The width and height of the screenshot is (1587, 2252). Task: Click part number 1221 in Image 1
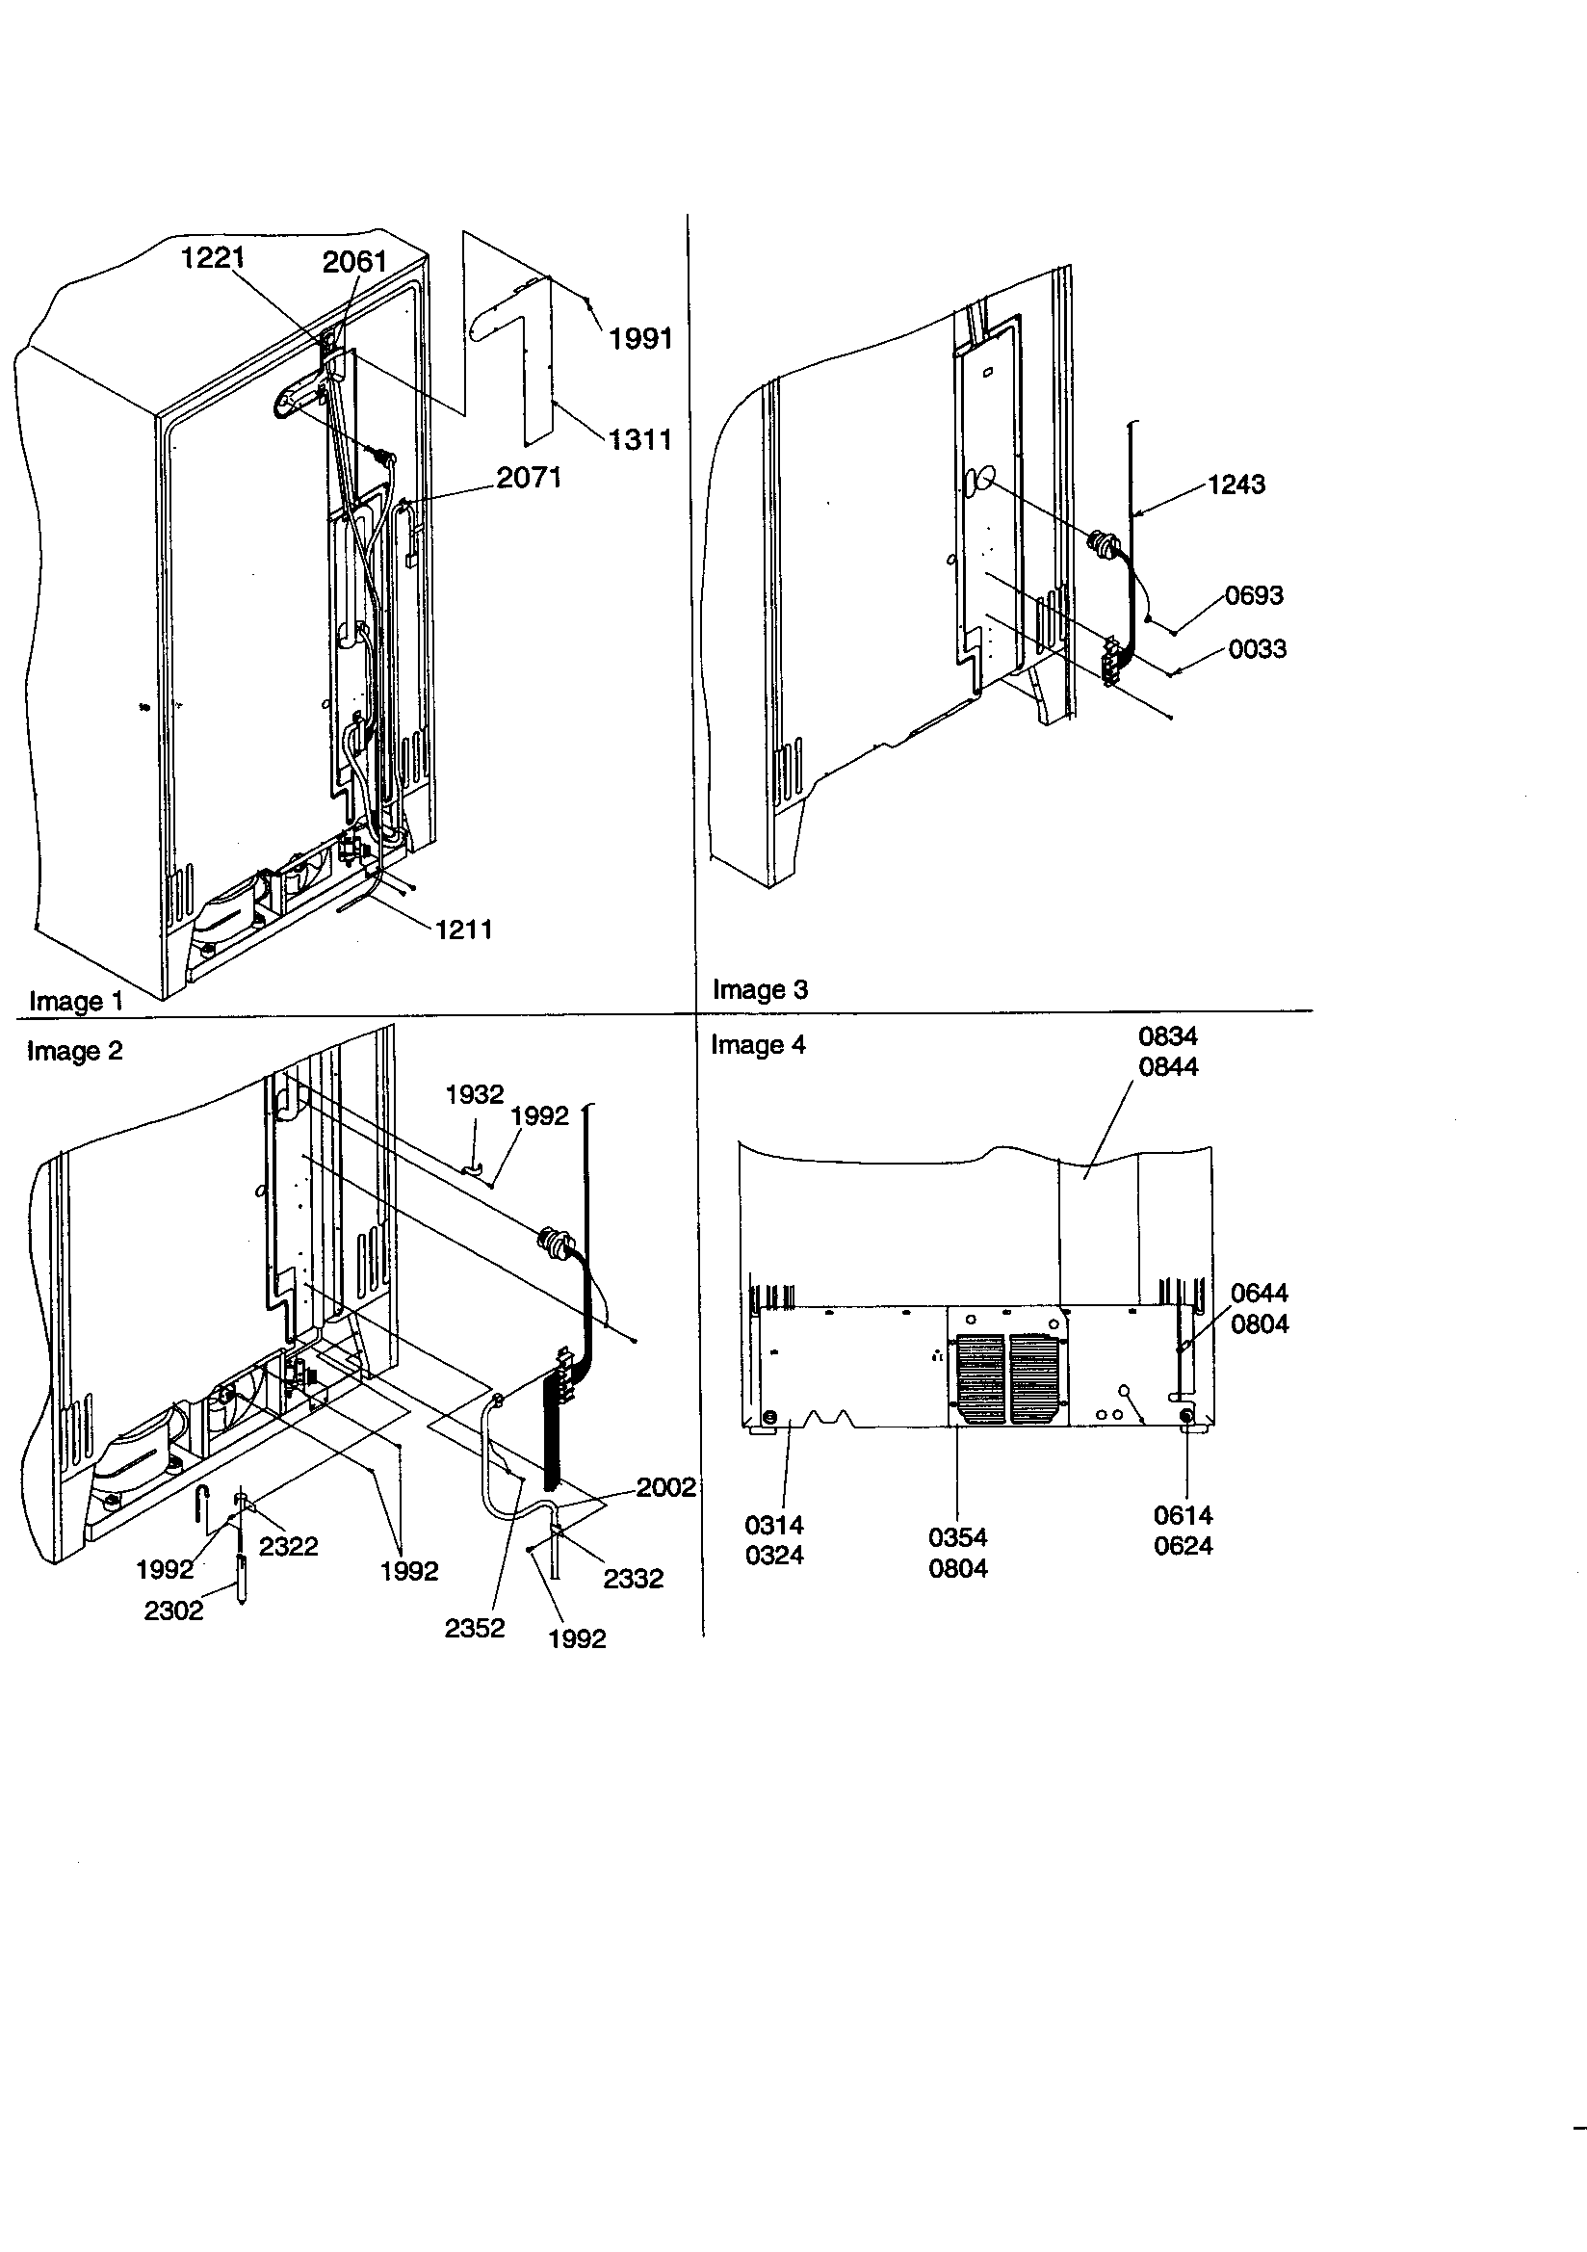(212, 258)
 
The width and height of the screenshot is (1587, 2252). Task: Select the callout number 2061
(354, 262)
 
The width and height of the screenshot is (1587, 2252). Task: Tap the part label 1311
(639, 439)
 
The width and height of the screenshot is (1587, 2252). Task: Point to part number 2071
(529, 478)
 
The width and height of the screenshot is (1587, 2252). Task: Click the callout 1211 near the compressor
(463, 929)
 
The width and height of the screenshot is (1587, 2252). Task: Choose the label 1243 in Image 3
(1236, 484)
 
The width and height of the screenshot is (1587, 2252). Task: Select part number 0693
(1254, 595)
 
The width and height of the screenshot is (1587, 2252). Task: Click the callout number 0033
(1257, 649)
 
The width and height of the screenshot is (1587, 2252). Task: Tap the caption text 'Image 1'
(75, 1002)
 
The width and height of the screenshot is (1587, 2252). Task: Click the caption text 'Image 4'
(757, 1046)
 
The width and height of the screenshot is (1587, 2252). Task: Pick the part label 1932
(474, 1094)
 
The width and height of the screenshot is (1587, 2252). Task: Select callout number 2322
(288, 1546)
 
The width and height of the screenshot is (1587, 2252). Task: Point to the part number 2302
(173, 1610)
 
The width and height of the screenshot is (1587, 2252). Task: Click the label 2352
(474, 1628)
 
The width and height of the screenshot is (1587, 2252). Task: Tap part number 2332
(633, 1578)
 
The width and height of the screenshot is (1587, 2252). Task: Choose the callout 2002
(665, 1487)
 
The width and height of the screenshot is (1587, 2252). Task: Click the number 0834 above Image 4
(1167, 1036)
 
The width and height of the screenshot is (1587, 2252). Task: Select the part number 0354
(957, 1538)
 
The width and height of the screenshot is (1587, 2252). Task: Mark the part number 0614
(1183, 1515)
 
